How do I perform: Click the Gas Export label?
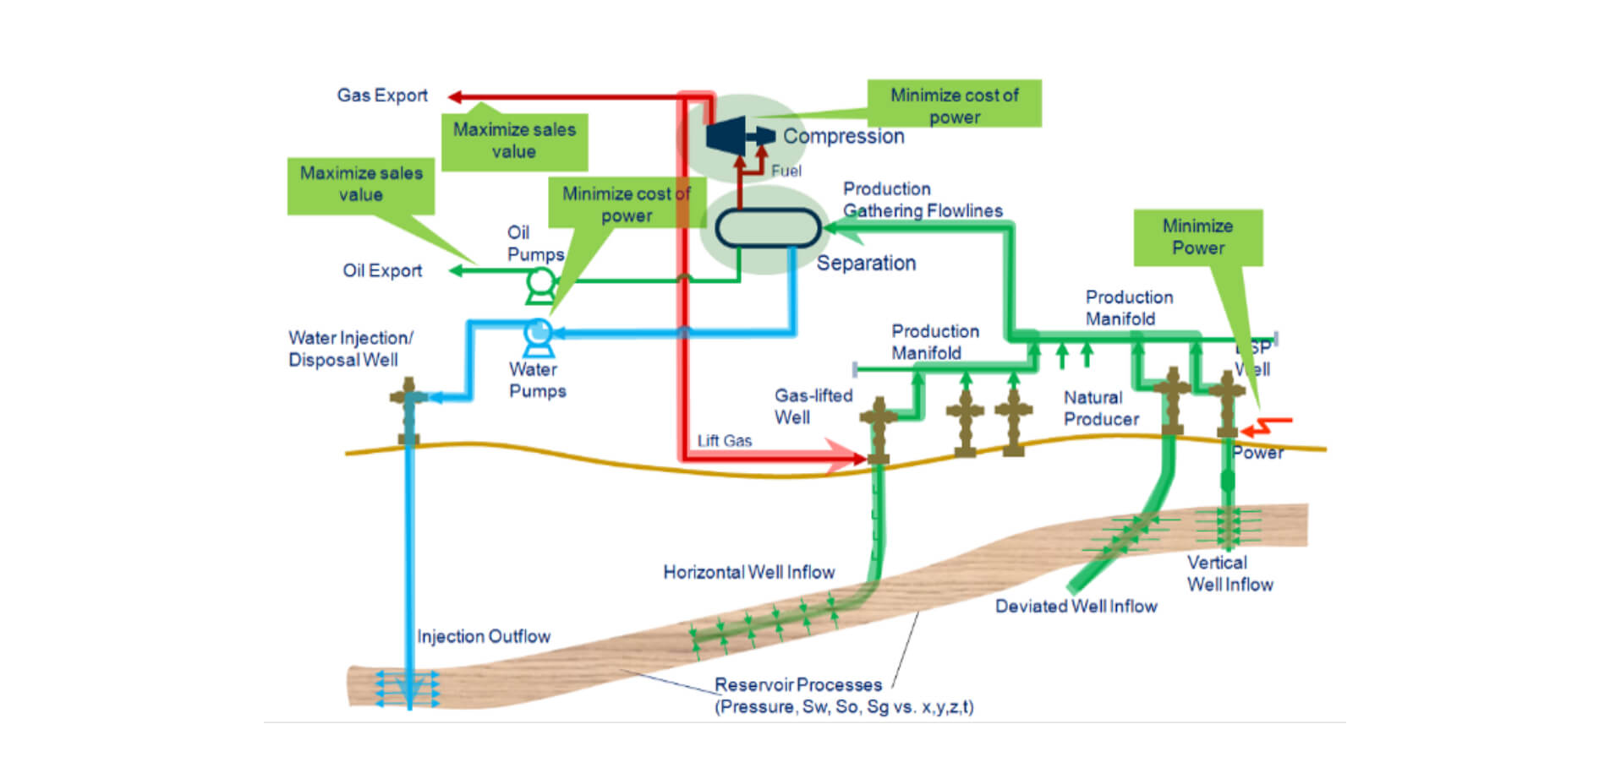click(x=382, y=95)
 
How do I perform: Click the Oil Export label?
click(x=382, y=271)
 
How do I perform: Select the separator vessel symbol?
click(x=768, y=228)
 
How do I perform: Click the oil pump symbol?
click(x=539, y=284)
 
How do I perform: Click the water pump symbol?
click(x=538, y=335)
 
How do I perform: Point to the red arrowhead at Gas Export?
click(x=455, y=97)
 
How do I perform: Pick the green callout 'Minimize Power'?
click(x=1197, y=237)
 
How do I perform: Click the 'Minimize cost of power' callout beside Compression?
click(x=954, y=105)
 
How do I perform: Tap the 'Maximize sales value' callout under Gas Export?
click(x=514, y=141)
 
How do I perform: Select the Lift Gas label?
click(x=724, y=441)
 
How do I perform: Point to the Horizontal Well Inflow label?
click(x=748, y=573)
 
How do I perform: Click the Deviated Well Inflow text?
click(x=1076, y=607)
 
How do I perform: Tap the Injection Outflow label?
click(x=484, y=637)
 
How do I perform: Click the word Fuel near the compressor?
click(x=786, y=171)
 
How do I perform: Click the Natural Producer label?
click(x=1100, y=409)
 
